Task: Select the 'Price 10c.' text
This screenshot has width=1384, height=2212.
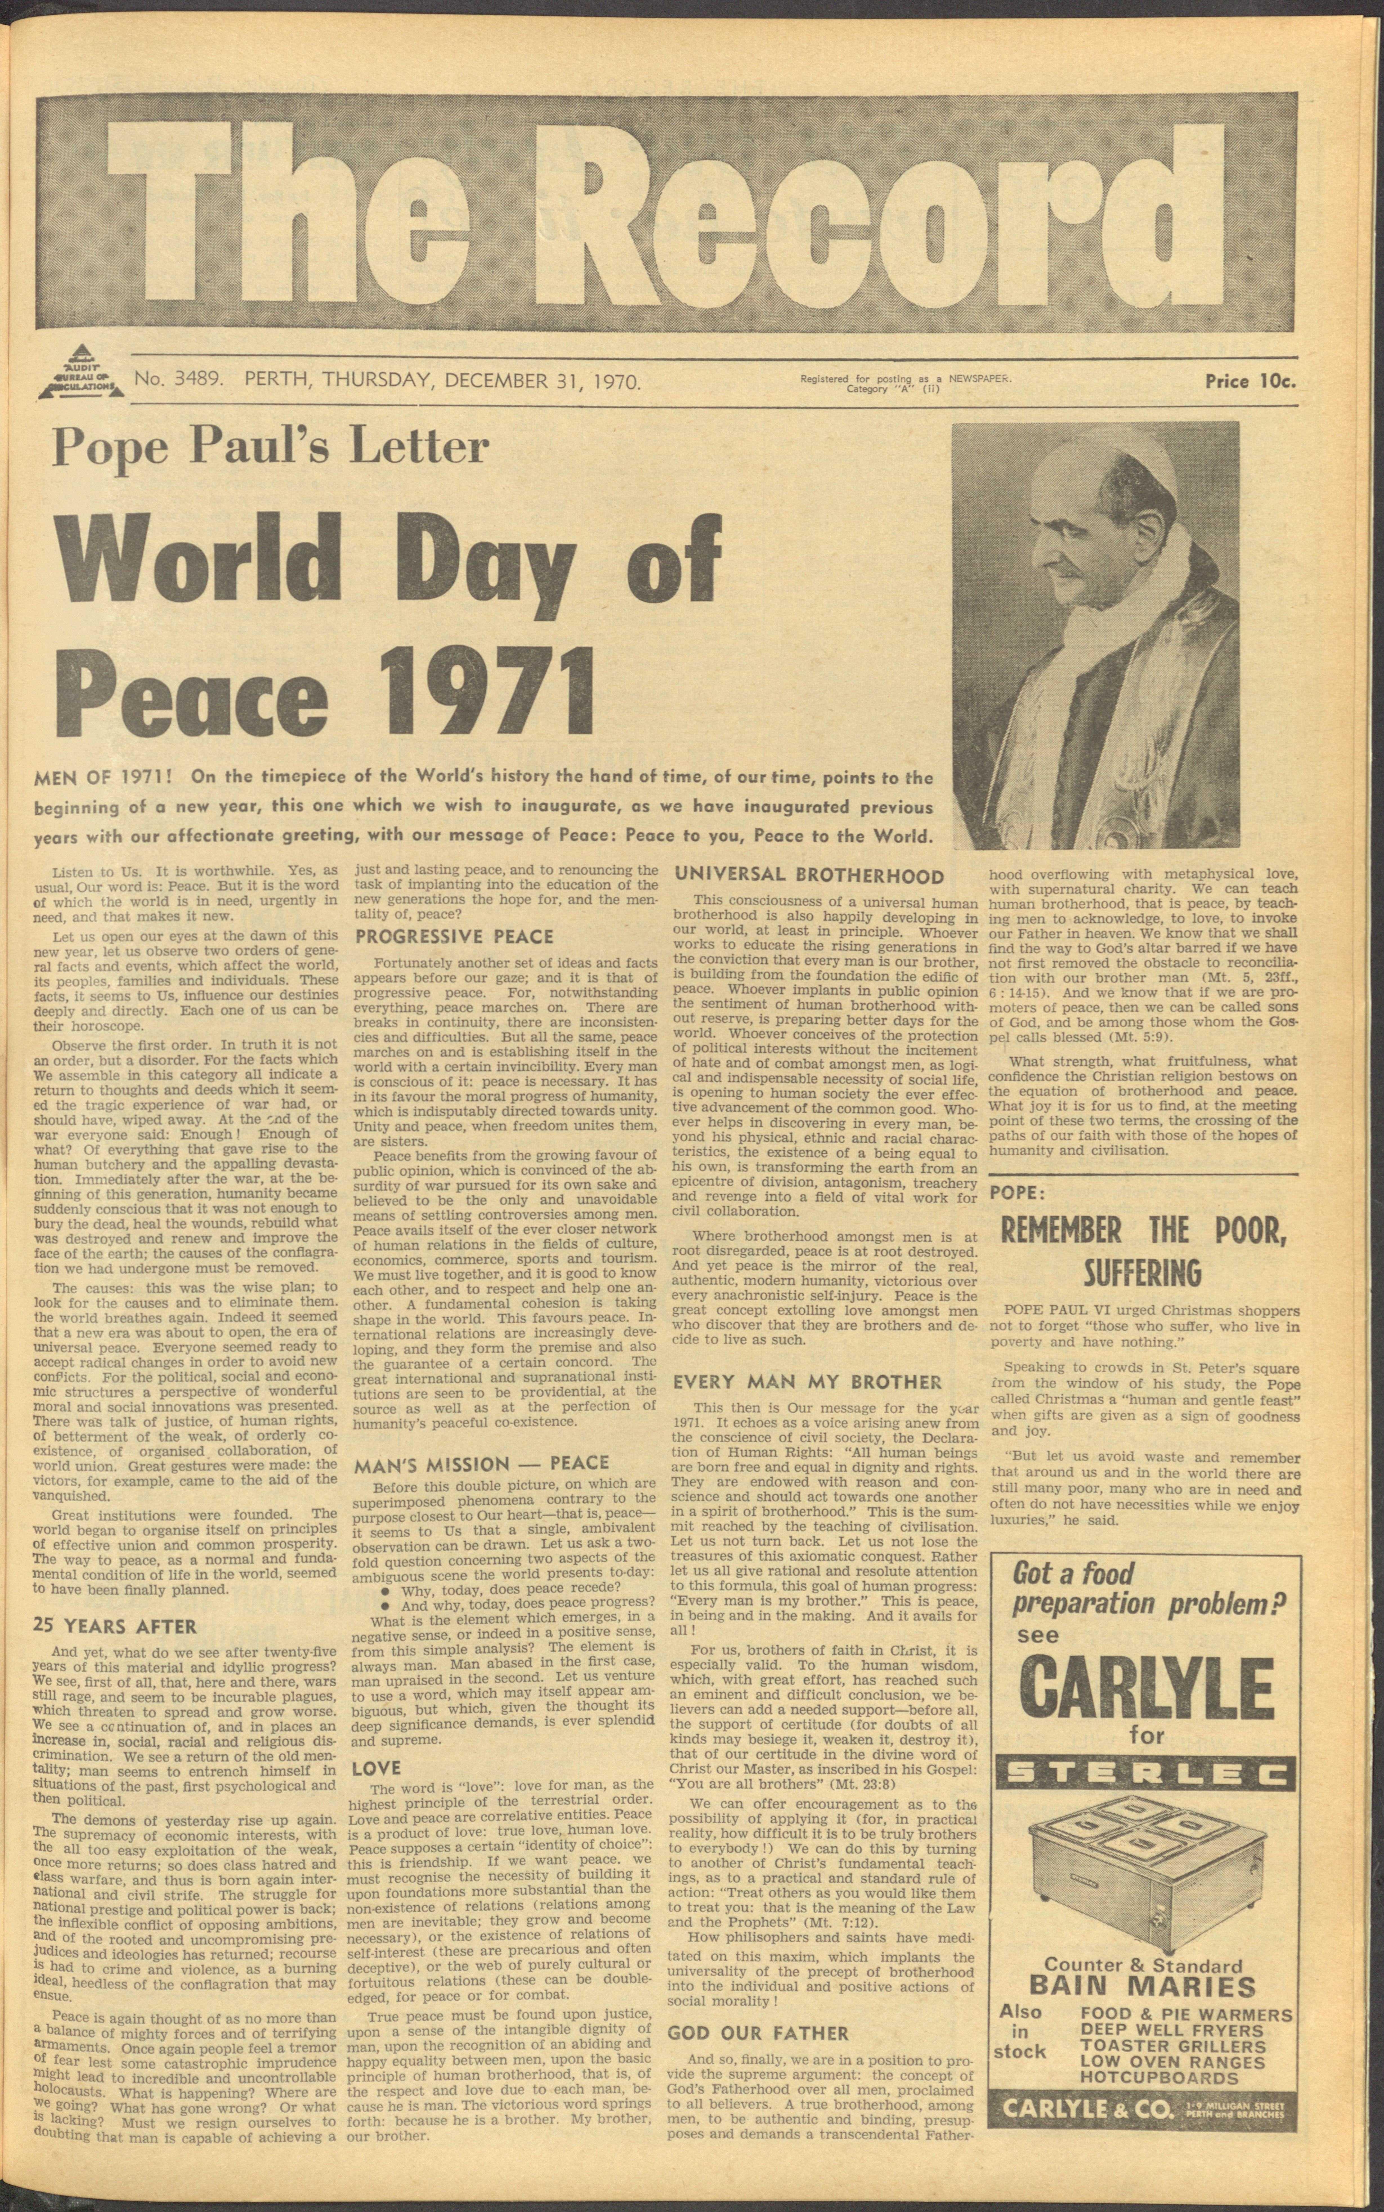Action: pyautogui.click(x=1250, y=381)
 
